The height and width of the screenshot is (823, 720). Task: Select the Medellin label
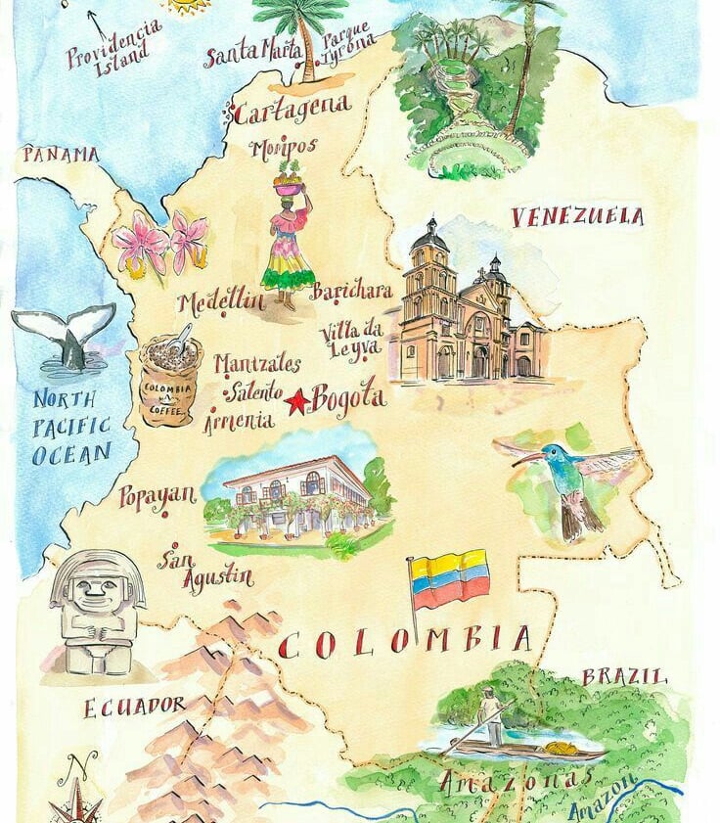point(222,301)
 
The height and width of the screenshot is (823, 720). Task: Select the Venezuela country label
point(577,216)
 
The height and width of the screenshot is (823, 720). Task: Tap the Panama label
point(61,155)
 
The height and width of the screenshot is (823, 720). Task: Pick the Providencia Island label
point(114,45)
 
